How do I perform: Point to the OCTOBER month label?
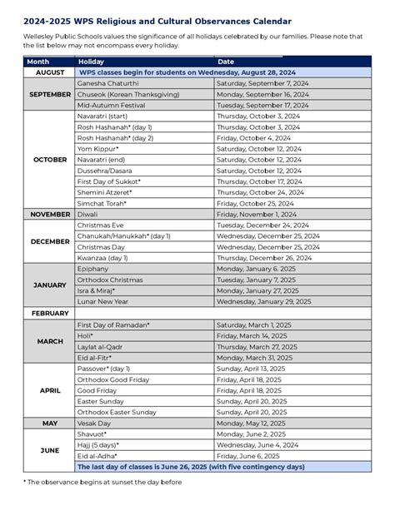point(50,159)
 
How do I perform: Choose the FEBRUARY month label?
point(50,313)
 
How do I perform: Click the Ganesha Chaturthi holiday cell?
point(107,84)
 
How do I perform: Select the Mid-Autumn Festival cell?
point(108,106)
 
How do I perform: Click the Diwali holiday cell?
point(87,214)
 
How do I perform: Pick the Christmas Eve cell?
point(100,225)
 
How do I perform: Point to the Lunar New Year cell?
point(101,301)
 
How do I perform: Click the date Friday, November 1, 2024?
point(257,214)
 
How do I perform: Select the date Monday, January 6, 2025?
point(256,269)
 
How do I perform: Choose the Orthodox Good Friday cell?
point(112,379)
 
